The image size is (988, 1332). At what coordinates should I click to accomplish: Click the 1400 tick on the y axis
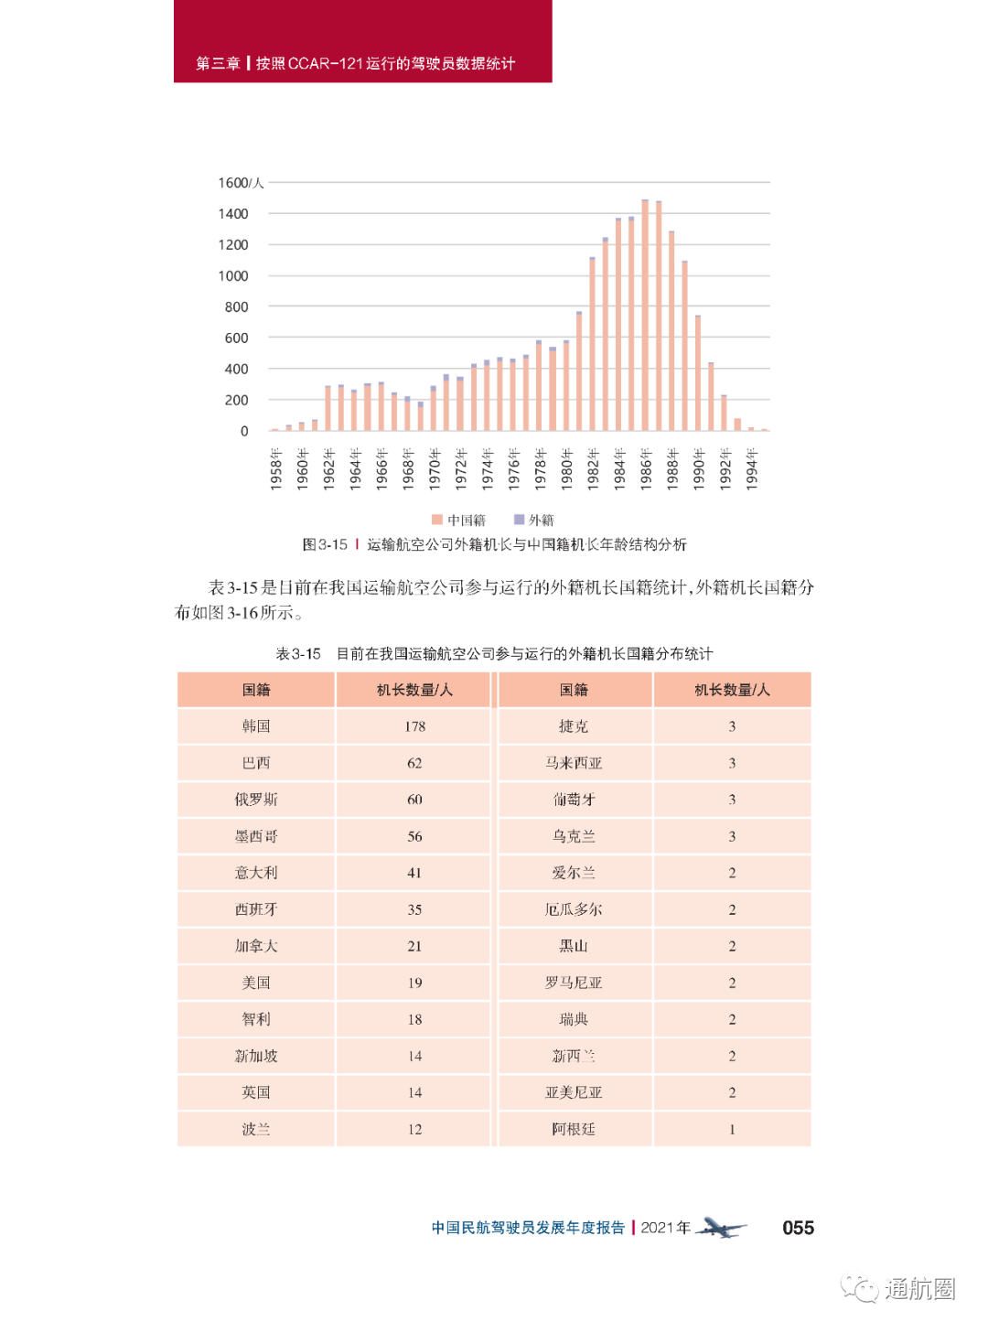pyautogui.click(x=233, y=214)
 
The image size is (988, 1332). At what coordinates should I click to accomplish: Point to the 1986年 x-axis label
pyautogui.click(x=646, y=469)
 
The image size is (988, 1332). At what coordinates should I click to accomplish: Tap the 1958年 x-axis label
pyautogui.click(x=275, y=469)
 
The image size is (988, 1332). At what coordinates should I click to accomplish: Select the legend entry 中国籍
pyautogui.click(x=459, y=521)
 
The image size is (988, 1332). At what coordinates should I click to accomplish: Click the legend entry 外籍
pyautogui.click(x=534, y=521)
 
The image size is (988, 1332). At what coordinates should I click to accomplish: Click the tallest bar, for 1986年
pyautogui.click(x=645, y=315)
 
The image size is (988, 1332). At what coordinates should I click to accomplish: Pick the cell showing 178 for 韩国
pyautogui.click(x=414, y=726)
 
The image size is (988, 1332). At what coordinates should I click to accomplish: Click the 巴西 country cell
pyautogui.click(x=256, y=763)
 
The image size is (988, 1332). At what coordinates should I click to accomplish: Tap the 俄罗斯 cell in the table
pyautogui.click(x=256, y=800)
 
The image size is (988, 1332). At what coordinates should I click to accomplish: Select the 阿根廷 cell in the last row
pyautogui.click(x=574, y=1129)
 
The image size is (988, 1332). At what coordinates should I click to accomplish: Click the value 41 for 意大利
pyautogui.click(x=414, y=873)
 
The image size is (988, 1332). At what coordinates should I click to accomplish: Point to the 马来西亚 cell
pyautogui.click(x=574, y=763)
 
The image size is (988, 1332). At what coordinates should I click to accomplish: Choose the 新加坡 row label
pyautogui.click(x=256, y=1056)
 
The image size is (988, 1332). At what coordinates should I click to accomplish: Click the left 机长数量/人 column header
pyautogui.click(x=414, y=690)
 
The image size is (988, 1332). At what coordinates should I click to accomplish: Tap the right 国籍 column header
pyautogui.click(x=574, y=690)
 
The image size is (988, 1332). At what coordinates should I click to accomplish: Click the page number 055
pyautogui.click(x=798, y=1228)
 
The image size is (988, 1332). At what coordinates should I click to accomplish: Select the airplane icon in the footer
pyautogui.click(x=721, y=1228)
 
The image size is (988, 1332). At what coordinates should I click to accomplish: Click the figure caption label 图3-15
pyautogui.click(x=325, y=544)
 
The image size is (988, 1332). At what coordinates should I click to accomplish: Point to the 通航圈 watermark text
pyautogui.click(x=918, y=1289)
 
